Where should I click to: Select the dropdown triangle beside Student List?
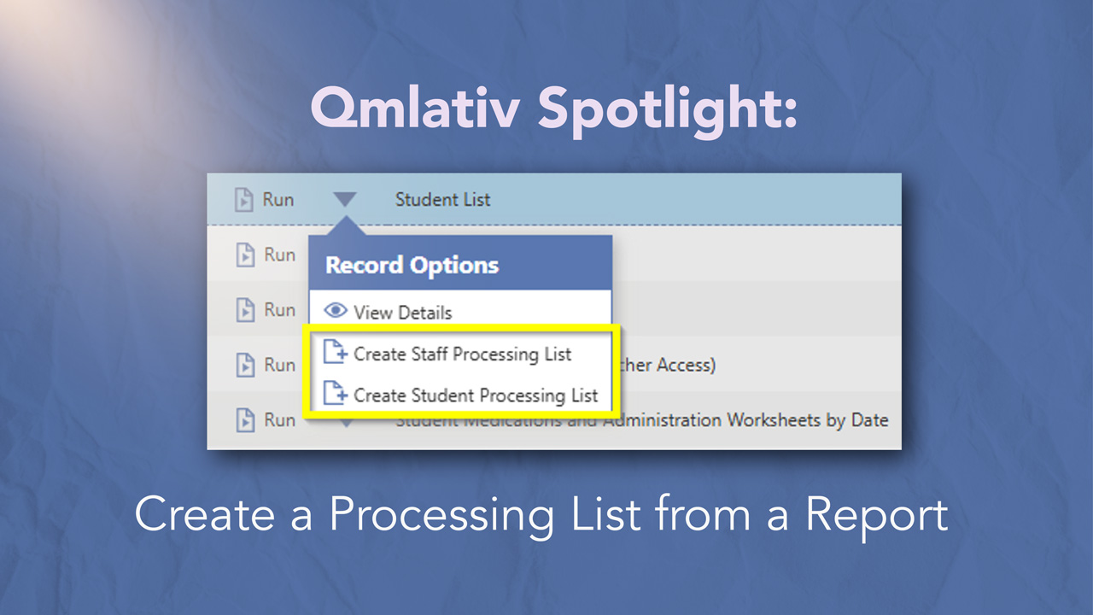(345, 200)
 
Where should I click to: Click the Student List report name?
(442, 200)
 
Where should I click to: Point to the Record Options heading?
(412, 265)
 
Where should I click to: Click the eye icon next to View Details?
(336, 312)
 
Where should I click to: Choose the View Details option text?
(402, 313)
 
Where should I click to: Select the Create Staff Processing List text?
(462, 354)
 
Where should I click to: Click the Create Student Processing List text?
(476, 395)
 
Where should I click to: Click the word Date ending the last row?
(868, 420)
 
